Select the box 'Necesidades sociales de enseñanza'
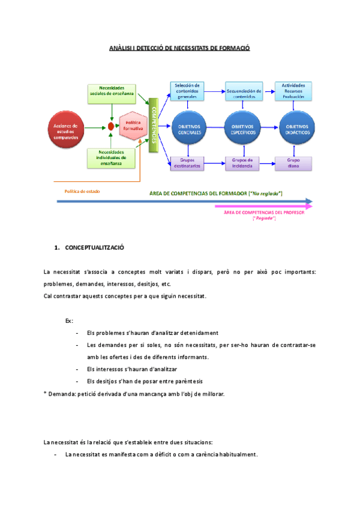(x=112, y=91)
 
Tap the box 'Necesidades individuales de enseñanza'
(x=112, y=158)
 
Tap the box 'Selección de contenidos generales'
(x=187, y=91)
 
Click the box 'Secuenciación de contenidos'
(x=243, y=91)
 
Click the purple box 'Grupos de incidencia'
(x=243, y=163)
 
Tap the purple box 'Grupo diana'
(x=293, y=163)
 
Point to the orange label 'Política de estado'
(x=82, y=192)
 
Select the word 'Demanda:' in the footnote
(x=62, y=394)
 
